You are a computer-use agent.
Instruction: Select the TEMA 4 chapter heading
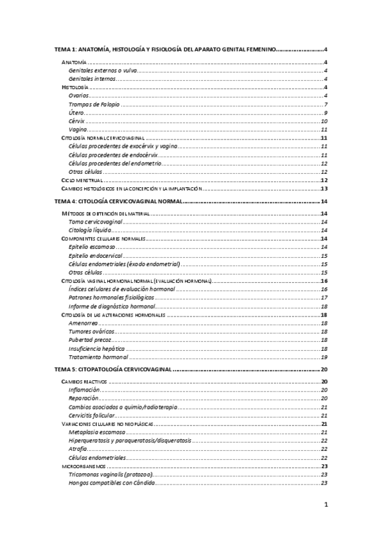pos(119,201)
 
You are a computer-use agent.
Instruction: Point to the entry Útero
pos(76,113)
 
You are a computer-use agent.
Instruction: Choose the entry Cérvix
pos(77,121)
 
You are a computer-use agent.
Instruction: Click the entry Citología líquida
pos(90,230)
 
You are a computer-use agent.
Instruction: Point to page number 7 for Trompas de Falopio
pos(325,104)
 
